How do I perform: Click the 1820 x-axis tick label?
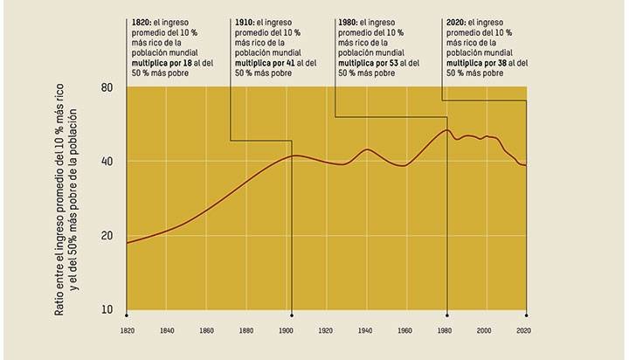(128, 331)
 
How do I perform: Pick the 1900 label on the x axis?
(287, 331)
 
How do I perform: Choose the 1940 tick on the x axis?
(366, 331)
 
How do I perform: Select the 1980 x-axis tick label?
(446, 331)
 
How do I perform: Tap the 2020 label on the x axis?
(525, 331)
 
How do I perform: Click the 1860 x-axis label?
(207, 331)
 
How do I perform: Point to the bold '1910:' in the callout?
(248, 21)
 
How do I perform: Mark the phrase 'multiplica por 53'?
(371, 63)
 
